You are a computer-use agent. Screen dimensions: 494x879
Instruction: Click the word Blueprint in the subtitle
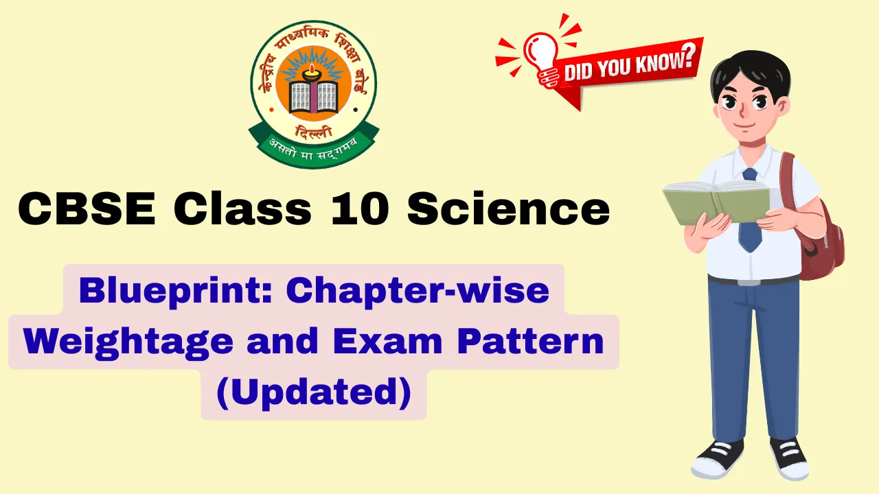175,291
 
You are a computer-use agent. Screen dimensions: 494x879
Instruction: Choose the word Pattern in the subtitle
538,341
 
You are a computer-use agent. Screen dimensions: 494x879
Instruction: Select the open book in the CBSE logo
314,96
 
